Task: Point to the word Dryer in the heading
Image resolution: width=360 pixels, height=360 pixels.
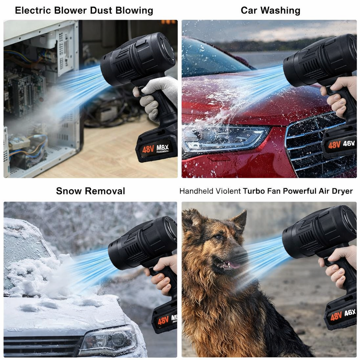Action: coord(341,191)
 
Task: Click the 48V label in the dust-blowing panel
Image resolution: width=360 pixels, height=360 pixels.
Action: coord(148,149)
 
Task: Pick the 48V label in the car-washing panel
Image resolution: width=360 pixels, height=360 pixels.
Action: coord(334,144)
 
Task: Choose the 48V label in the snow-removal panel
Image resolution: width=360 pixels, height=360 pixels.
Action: coord(163,321)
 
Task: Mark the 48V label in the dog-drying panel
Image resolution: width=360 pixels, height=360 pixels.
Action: coord(336,316)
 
